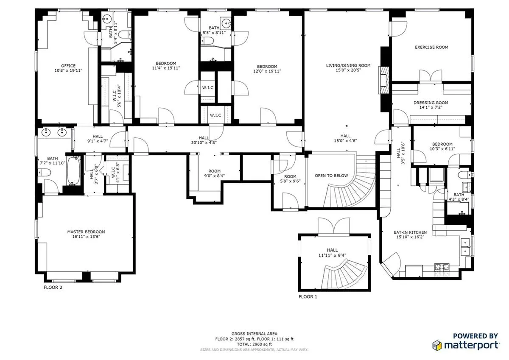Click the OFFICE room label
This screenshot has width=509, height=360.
coord(68,66)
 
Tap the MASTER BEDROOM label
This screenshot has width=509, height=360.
coord(86,232)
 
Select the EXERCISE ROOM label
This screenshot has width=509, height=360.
coord(431,47)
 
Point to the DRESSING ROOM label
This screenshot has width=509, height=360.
coord(431,103)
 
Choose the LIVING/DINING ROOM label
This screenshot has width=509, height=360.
coord(348,65)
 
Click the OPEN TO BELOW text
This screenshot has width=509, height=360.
coord(331,176)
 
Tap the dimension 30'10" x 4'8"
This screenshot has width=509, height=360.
coord(204,143)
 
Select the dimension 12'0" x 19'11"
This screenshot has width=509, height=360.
coord(267,72)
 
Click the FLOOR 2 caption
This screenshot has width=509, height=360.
coord(53,287)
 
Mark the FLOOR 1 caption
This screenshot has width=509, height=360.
coord(308,297)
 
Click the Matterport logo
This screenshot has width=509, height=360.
coord(465,344)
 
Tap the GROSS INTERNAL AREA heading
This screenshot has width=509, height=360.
coord(254,334)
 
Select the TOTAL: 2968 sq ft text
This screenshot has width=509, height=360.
coord(254,344)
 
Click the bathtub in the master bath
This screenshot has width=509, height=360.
coord(74,171)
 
